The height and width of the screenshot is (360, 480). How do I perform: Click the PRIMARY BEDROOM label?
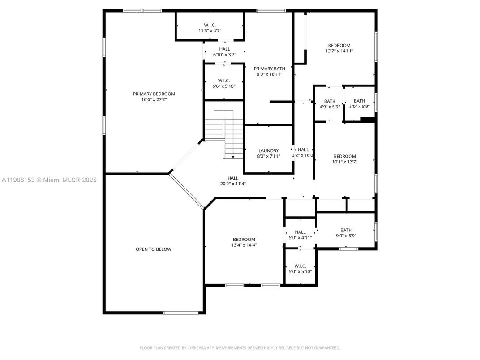(x=154, y=94)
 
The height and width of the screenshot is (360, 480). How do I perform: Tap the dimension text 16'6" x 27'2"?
(x=154, y=100)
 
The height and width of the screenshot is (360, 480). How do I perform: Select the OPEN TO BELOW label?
(x=153, y=249)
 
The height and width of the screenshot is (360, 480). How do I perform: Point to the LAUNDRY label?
(x=268, y=151)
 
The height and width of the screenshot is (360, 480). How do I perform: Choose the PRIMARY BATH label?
(x=269, y=69)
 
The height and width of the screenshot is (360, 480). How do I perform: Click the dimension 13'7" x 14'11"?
(x=339, y=51)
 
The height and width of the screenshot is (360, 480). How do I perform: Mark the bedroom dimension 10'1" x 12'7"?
(x=344, y=162)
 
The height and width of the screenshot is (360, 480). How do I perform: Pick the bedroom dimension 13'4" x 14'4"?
(x=244, y=245)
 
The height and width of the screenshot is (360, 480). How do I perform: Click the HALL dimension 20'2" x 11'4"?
(x=233, y=184)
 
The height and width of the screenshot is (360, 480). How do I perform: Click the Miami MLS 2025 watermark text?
(x=49, y=180)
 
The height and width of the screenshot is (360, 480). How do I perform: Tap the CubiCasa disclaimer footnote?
(x=240, y=348)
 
